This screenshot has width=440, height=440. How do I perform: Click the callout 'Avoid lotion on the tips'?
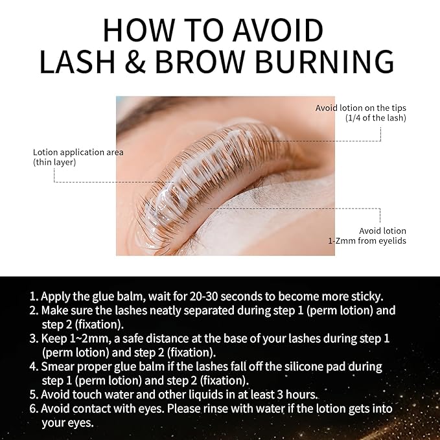(360, 108)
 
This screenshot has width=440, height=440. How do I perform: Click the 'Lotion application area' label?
(78, 152)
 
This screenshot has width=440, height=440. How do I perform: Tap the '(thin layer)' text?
(54, 162)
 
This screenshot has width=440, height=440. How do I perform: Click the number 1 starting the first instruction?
(32, 297)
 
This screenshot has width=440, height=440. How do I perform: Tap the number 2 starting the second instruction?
(32, 311)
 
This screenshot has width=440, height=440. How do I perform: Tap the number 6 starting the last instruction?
(33, 409)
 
